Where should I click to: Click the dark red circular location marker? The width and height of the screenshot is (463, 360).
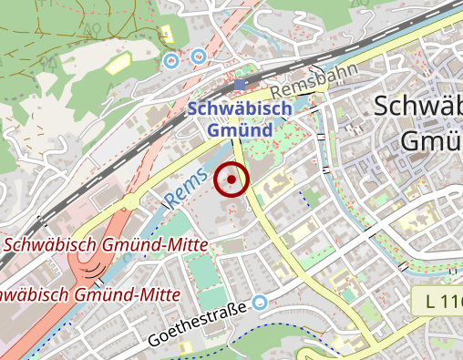(231, 180)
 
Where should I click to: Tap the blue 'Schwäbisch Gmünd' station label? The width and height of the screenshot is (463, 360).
(241, 119)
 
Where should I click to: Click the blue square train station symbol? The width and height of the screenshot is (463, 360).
(240, 85)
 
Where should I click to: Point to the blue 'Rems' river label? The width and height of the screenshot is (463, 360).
(187, 185)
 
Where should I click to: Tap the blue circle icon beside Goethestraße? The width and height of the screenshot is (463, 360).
(261, 303)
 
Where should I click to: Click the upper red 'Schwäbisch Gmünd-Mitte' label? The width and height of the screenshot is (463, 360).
(106, 244)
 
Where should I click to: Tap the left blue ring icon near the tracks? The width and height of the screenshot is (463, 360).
(170, 61)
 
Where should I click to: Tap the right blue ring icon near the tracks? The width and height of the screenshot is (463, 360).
(199, 57)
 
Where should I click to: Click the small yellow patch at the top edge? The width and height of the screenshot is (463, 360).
(166, 34)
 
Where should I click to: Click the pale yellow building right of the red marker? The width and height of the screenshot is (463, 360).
(271, 190)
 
